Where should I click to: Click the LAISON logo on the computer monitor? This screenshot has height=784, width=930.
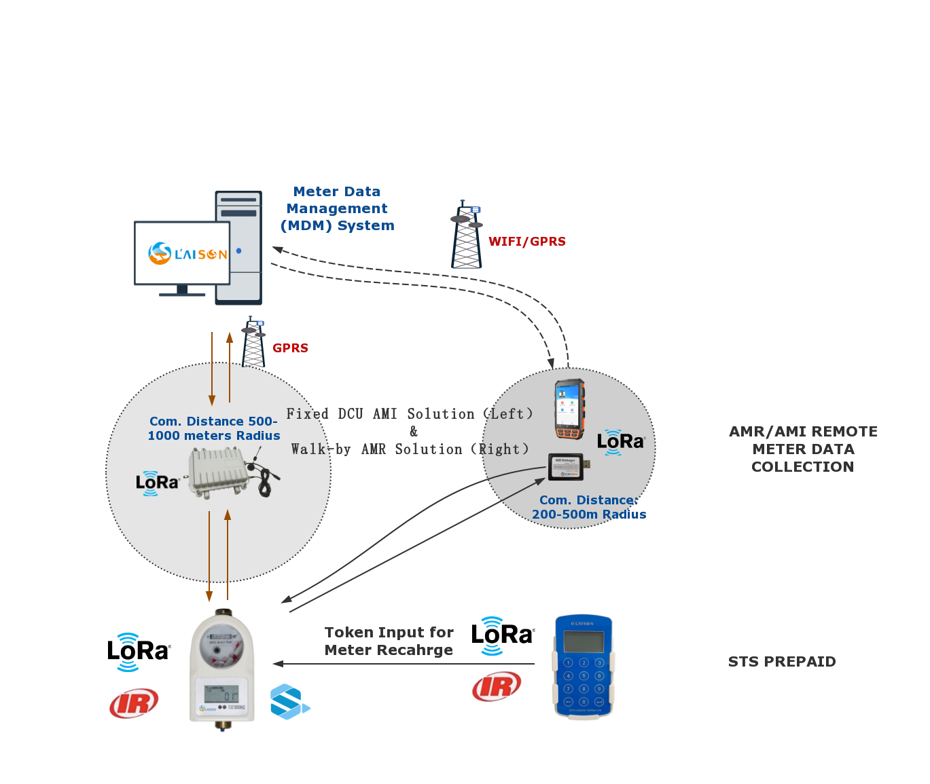(187, 254)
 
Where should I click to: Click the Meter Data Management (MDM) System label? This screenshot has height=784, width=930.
(337, 208)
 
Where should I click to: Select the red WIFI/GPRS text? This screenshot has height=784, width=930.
(526, 242)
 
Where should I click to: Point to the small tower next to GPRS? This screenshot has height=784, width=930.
(253, 343)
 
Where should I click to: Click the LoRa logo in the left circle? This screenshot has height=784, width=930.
(157, 483)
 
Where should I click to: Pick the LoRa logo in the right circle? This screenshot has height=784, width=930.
(620, 442)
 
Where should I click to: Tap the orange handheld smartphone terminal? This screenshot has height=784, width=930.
(569, 409)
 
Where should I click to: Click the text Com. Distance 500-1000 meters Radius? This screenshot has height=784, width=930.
(214, 428)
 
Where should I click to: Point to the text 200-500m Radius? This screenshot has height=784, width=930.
(588, 515)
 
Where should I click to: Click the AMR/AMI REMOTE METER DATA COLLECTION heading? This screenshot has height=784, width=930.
(803, 449)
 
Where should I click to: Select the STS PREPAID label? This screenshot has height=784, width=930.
(782, 662)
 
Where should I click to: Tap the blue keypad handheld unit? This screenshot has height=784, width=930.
(584, 666)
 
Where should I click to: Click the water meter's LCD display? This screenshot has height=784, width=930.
(221, 695)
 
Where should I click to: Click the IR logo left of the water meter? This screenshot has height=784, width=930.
(134, 703)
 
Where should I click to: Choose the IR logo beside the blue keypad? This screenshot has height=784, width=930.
(497, 686)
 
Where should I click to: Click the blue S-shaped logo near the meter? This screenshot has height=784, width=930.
(289, 702)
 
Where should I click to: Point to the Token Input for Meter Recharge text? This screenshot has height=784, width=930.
(389, 641)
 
